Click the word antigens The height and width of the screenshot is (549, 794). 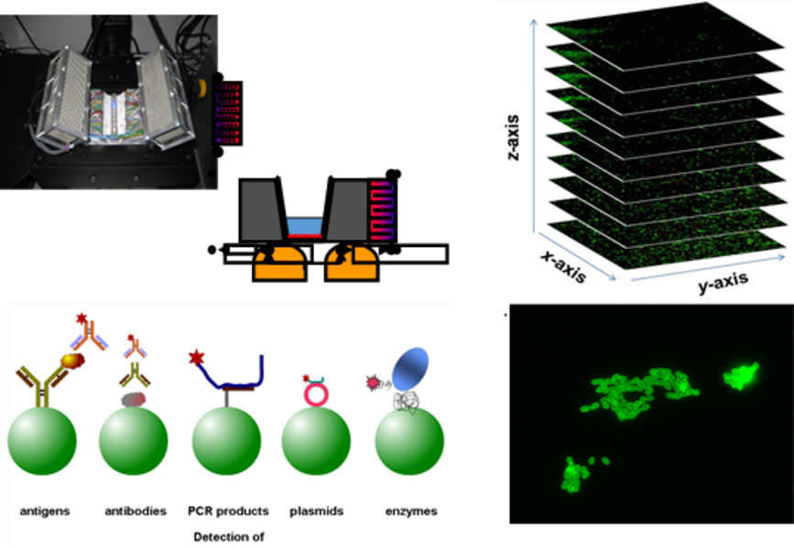(x=45, y=511)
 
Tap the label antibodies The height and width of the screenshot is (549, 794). (x=136, y=511)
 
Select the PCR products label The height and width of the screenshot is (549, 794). (x=229, y=511)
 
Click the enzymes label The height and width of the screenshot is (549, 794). (x=409, y=511)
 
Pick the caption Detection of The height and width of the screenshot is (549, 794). (x=229, y=536)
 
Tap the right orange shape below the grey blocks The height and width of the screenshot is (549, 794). (x=352, y=264)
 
